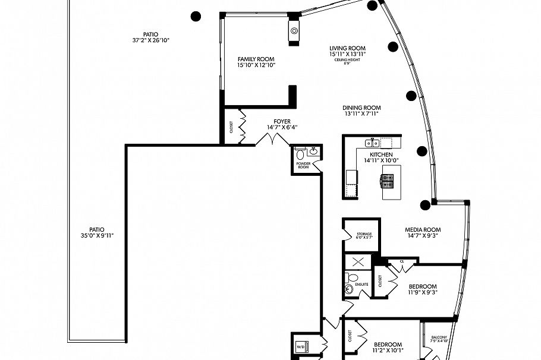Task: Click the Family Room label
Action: [256, 59]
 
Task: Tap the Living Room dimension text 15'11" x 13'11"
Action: [347, 54]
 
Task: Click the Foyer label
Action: [282, 121]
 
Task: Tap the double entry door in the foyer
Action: [272, 139]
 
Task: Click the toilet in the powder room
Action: [300, 154]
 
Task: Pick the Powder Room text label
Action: [303, 165]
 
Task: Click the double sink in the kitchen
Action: [373, 143]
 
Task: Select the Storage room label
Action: [364, 235]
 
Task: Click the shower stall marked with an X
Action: [358, 262]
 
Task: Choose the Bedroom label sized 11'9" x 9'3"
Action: [422, 286]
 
